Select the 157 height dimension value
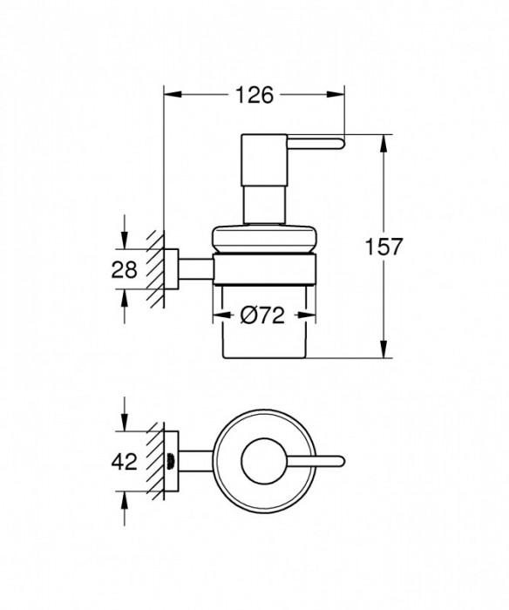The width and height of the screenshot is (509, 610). (383, 247)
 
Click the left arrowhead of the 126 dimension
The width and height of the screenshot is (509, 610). (169, 96)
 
